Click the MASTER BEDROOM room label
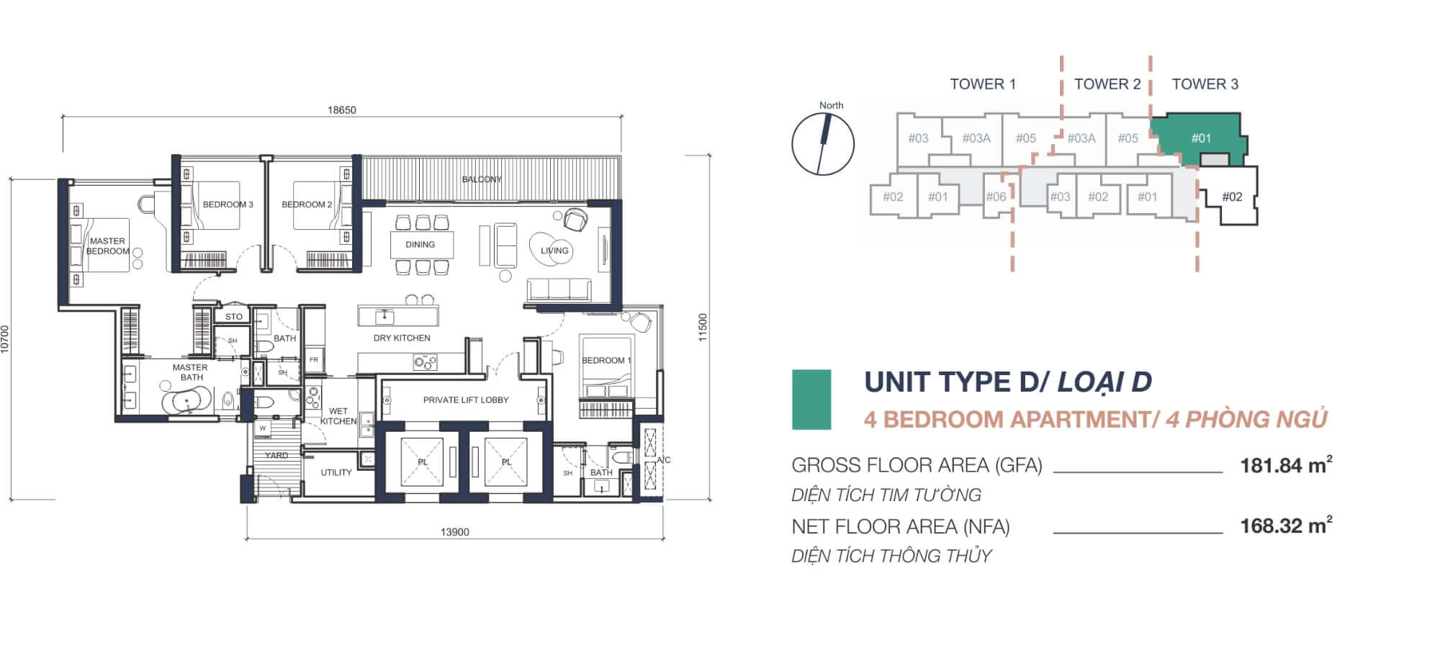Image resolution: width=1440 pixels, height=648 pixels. tap(108, 246)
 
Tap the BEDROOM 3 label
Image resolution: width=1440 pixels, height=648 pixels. tap(228, 204)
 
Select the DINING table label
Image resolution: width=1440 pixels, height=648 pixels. tap(420, 245)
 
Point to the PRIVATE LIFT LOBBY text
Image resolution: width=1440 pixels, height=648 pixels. tap(466, 400)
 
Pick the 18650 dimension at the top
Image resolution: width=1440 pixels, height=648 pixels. tap(342, 110)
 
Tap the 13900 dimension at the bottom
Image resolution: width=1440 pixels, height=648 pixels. tap(455, 532)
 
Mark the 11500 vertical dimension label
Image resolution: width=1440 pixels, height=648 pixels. tap(703, 327)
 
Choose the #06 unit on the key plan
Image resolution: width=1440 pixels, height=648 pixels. tap(996, 197)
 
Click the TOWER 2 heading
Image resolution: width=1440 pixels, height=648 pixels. tap(1107, 84)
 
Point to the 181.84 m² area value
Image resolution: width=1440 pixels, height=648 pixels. tap(1286, 465)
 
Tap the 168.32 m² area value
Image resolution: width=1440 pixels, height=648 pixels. tap(1286, 526)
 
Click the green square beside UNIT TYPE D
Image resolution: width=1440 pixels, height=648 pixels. tap(811, 400)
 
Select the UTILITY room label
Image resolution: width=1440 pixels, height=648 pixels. tap(336, 472)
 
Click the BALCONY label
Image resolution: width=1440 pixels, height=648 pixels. tap(482, 179)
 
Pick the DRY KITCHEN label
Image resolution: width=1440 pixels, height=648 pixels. tap(402, 338)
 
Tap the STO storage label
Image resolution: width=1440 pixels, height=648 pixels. tap(234, 316)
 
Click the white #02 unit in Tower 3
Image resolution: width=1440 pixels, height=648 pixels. tap(1231, 197)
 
